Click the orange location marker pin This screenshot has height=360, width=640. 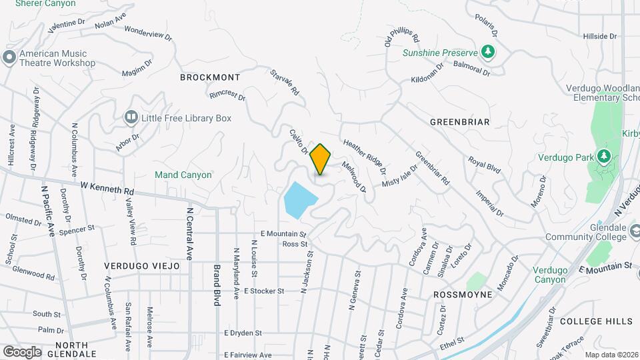[x=321, y=159]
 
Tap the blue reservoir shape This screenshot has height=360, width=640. [x=299, y=199]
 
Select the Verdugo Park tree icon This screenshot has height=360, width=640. [x=604, y=156]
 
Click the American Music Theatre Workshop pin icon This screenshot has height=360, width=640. [x=9, y=57]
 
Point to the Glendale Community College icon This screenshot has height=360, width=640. [x=633, y=231]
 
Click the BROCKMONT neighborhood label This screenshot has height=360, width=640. [x=210, y=77]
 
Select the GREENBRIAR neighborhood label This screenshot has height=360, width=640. [x=460, y=122]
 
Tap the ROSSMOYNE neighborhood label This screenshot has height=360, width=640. [x=463, y=294]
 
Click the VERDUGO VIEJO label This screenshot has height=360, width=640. [x=142, y=265]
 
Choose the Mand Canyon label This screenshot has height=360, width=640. [x=183, y=175]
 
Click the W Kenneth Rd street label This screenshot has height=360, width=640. [x=107, y=187]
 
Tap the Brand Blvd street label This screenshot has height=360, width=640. [x=217, y=285]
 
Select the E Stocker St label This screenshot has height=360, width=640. [x=264, y=291]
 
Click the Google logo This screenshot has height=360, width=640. [x=22, y=351]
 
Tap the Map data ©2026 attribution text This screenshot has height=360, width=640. [x=611, y=355]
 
